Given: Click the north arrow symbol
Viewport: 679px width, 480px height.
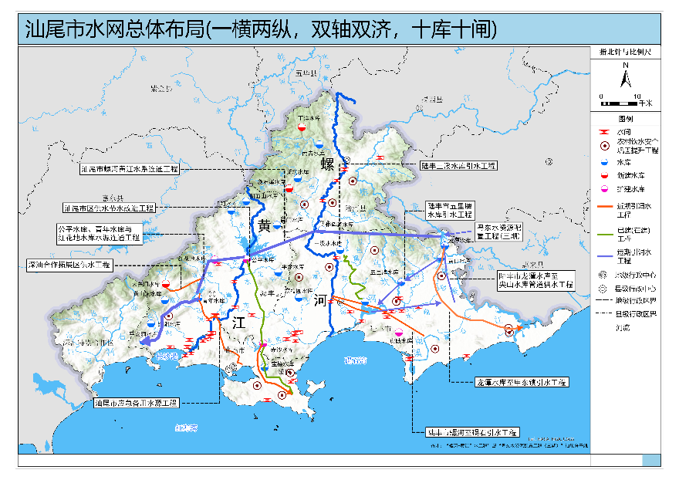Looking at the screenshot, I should click(x=627, y=76).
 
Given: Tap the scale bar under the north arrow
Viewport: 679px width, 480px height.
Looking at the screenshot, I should click(x=627, y=100).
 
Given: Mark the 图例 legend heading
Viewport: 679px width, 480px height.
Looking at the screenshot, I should click(x=626, y=120).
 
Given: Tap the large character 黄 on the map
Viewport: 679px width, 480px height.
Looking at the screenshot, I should click(x=265, y=225).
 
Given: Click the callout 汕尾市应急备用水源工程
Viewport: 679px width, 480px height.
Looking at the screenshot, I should click(x=135, y=403).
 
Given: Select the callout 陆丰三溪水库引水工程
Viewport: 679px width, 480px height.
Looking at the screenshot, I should click(x=460, y=165).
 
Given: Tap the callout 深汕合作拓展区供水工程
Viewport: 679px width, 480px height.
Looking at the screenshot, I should click(x=70, y=265).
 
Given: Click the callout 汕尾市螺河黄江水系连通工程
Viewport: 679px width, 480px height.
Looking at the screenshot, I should click(x=130, y=168).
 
